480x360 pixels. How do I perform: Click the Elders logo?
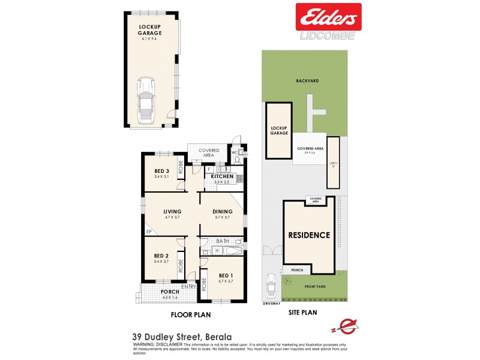tap(328, 17)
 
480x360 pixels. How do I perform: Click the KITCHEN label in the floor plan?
tap(221, 176)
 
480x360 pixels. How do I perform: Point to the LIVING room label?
tap(172, 211)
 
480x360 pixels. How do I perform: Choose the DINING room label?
tap(222, 211)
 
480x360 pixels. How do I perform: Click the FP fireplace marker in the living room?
tap(148, 232)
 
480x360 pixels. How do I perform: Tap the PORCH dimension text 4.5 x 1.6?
tap(170, 298)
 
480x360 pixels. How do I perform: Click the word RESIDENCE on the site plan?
tap(309, 235)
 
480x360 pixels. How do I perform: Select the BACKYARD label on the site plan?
tap(306, 81)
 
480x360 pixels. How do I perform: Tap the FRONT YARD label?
tap(313, 287)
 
